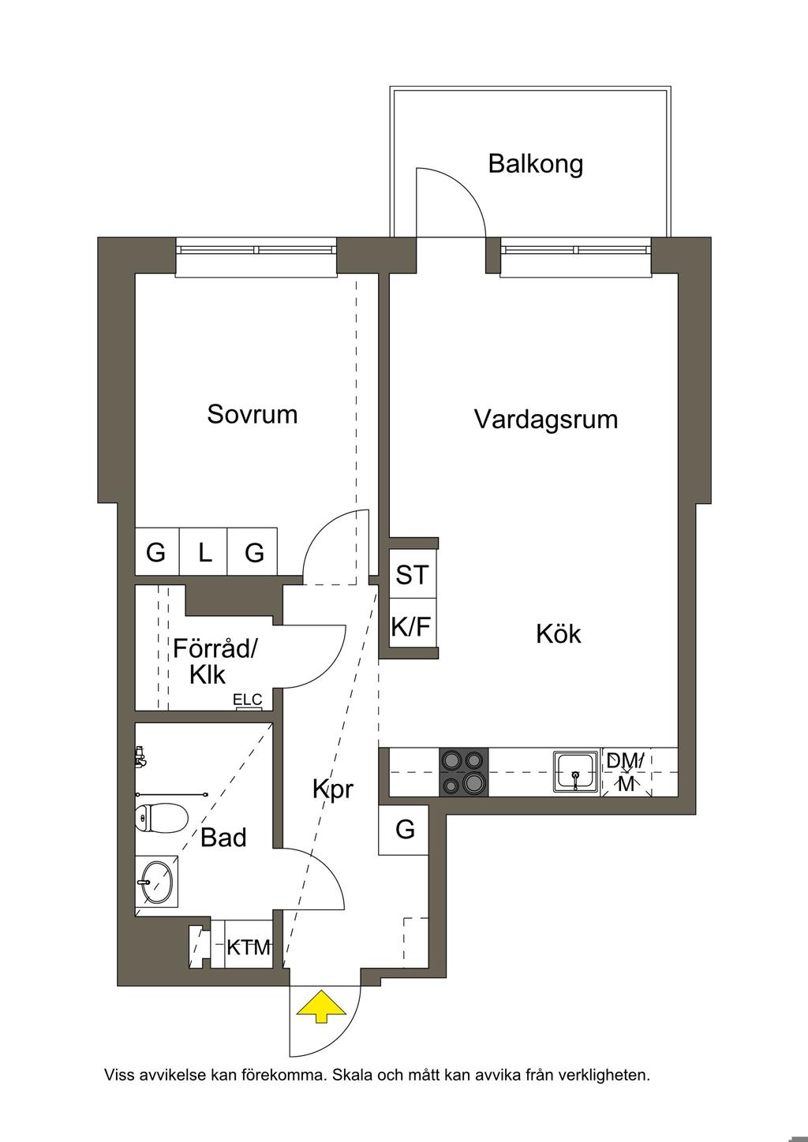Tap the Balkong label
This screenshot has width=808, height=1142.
(x=535, y=164)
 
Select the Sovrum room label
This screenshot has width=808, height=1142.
(x=252, y=414)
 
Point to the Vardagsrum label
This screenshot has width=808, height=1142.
(x=546, y=420)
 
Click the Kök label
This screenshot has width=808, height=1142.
(x=559, y=634)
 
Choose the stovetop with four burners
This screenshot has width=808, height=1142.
(x=464, y=772)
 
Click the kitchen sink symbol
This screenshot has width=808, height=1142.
(x=576, y=771)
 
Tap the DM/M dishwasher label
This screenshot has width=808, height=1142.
(x=626, y=772)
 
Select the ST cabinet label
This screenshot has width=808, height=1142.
(x=412, y=575)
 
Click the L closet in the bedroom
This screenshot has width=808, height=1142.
(x=204, y=552)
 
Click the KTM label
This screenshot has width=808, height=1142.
(x=249, y=947)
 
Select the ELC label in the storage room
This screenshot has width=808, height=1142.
(x=248, y=700)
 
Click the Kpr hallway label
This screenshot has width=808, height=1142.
(x=332, y=789)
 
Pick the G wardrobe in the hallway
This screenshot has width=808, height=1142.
(x=403, y=830)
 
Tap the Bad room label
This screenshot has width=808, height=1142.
(x=223, y=838)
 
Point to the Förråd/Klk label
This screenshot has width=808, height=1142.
(x=215, y=662)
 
